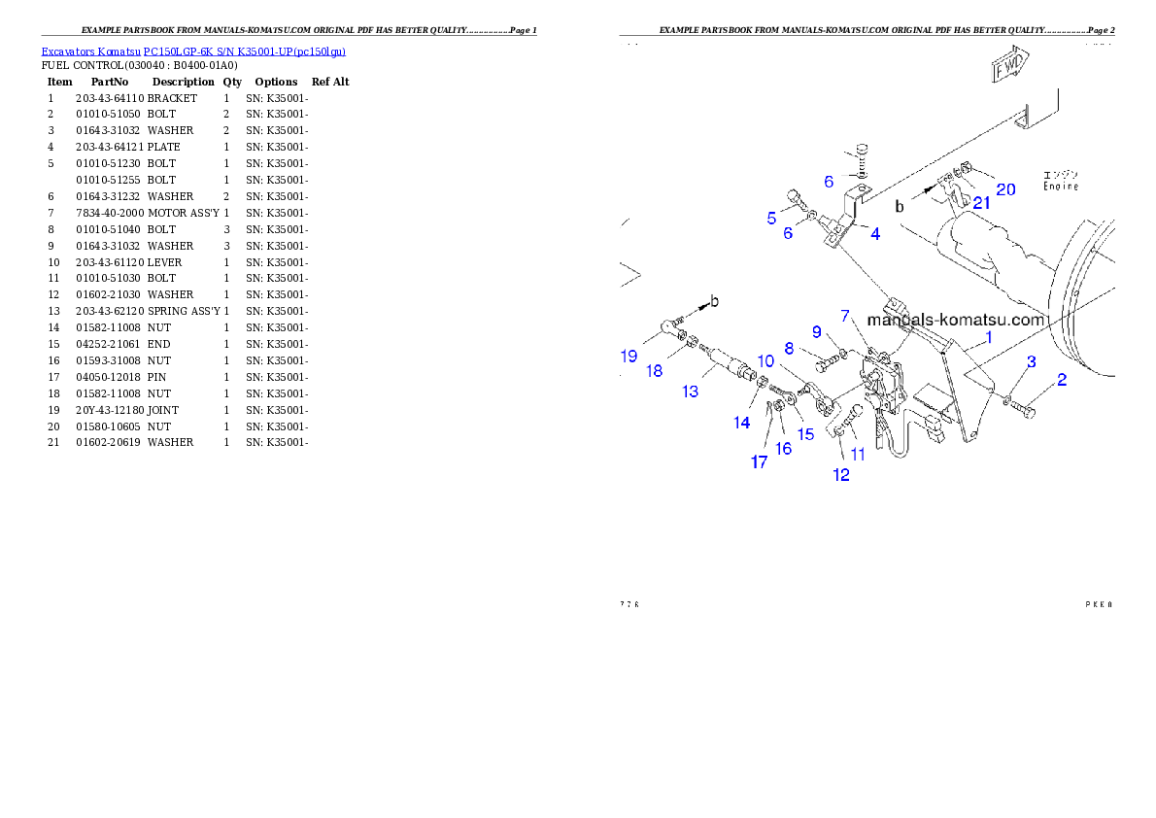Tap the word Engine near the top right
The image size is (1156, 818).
click(x=1060, y=186)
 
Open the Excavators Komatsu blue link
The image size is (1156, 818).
click(x=193, y=51)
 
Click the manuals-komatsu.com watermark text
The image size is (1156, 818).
click(x=956, y=320)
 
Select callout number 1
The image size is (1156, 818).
click(x=989, y=337)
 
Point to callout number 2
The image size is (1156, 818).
click(x=1062, y=380)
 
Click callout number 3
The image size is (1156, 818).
click(x=1032, y=361)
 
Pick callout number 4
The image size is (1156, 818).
click(x=875, y=234)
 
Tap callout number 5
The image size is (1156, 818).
click(x=771, y=218)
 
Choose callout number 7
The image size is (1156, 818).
click(x=845, y=317)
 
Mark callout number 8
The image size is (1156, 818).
click(x=789, y=348)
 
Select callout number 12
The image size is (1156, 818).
click(x=841, y=475)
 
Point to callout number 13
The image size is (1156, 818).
click(x=691, y=392)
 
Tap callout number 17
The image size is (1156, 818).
click(x=759, y=461)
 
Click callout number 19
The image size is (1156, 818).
click(x=629, y=357)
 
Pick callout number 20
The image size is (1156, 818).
click(x=1005, y=188)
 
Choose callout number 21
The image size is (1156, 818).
click(x=982, y=202)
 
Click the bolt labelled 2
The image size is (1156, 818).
click(x=1025, y=412)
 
